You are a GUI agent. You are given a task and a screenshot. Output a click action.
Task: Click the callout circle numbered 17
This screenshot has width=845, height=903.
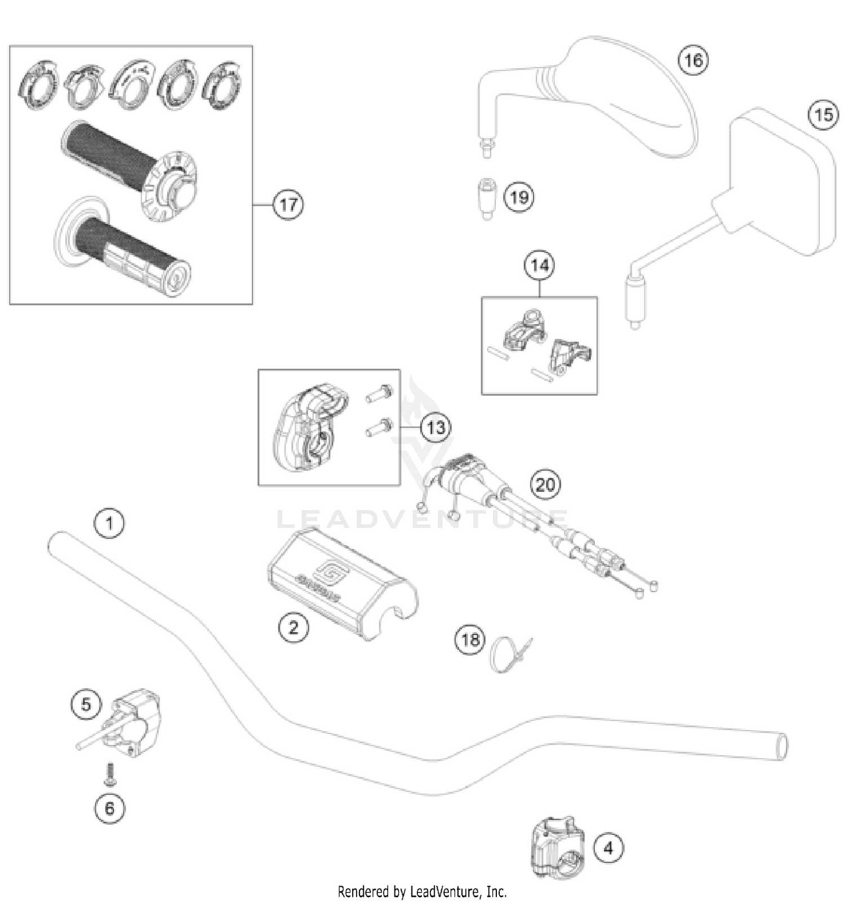(x=288, y=204)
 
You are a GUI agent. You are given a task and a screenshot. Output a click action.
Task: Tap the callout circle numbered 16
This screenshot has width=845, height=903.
(x=693, y=60)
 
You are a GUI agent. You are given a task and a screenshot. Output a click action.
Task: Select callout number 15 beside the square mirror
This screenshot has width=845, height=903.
(x=823, y=114)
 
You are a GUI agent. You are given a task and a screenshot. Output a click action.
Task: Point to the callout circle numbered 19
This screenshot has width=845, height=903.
(x=519, y=197)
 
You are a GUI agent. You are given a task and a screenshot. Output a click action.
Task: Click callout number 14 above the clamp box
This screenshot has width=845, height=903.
(x=540, y=265)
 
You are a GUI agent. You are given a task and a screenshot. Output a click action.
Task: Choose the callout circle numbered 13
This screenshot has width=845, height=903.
(x=435, y=428)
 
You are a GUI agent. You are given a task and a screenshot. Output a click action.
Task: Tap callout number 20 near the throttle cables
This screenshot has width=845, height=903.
(x=545, y=484)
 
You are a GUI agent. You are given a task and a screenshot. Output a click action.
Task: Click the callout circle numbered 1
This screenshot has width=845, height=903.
(x=109, y=523)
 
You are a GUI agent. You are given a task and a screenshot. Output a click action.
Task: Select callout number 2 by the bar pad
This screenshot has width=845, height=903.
(x=293, y=626)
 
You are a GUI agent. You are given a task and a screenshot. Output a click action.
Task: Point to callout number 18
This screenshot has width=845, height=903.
(x=470, y=639)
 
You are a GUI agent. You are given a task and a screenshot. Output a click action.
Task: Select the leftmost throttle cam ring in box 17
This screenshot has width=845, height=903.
(x=38, y=84)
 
